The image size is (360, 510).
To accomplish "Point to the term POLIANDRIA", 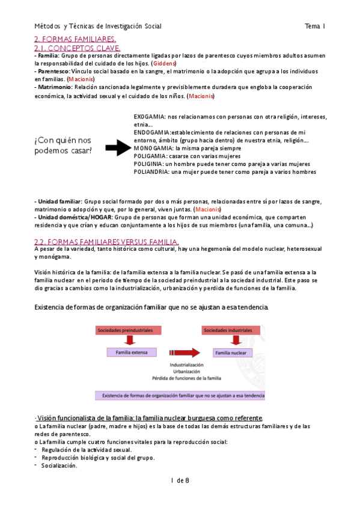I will pos(151,172).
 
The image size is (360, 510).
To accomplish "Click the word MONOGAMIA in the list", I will pos(152,147).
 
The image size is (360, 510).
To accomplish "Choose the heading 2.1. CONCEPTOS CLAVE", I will pos(78,48).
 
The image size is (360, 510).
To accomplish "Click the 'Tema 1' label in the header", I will pos(315,26).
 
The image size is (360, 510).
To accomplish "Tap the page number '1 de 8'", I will pos(180,479).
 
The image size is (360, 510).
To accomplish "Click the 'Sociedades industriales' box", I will pos(227,330).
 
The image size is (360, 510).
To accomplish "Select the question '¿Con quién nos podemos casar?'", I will pos(64,145).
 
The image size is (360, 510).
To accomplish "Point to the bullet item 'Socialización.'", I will pos(59,465).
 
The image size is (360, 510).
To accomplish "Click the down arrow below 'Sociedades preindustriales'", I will pos(128,341).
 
